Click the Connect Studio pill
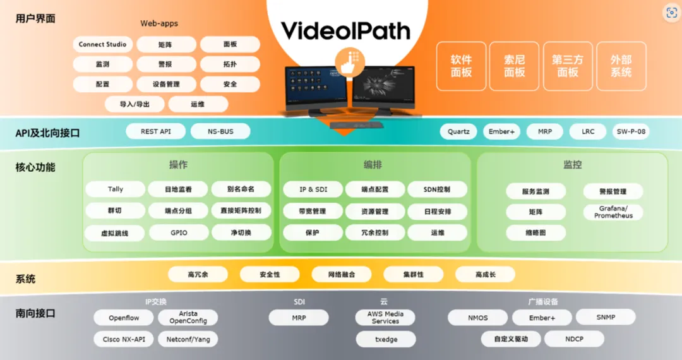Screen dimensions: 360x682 102,45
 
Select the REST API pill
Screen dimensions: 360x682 155,131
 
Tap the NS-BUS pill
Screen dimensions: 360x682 220,131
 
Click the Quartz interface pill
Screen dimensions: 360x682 458,132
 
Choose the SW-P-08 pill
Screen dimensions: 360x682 630,132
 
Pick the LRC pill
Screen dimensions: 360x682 588,132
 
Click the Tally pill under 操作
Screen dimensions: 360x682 116,189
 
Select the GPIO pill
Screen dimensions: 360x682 179,232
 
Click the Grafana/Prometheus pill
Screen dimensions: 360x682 613,212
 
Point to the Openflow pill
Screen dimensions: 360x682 124,318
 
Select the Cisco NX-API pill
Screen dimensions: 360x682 124,339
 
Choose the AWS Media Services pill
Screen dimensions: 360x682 385,318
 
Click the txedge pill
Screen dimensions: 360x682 385,339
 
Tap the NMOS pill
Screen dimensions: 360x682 477,318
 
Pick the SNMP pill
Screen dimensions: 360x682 605,317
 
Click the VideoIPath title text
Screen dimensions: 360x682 345,30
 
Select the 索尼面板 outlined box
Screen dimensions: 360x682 514,66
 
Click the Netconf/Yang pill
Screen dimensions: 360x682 188,339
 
